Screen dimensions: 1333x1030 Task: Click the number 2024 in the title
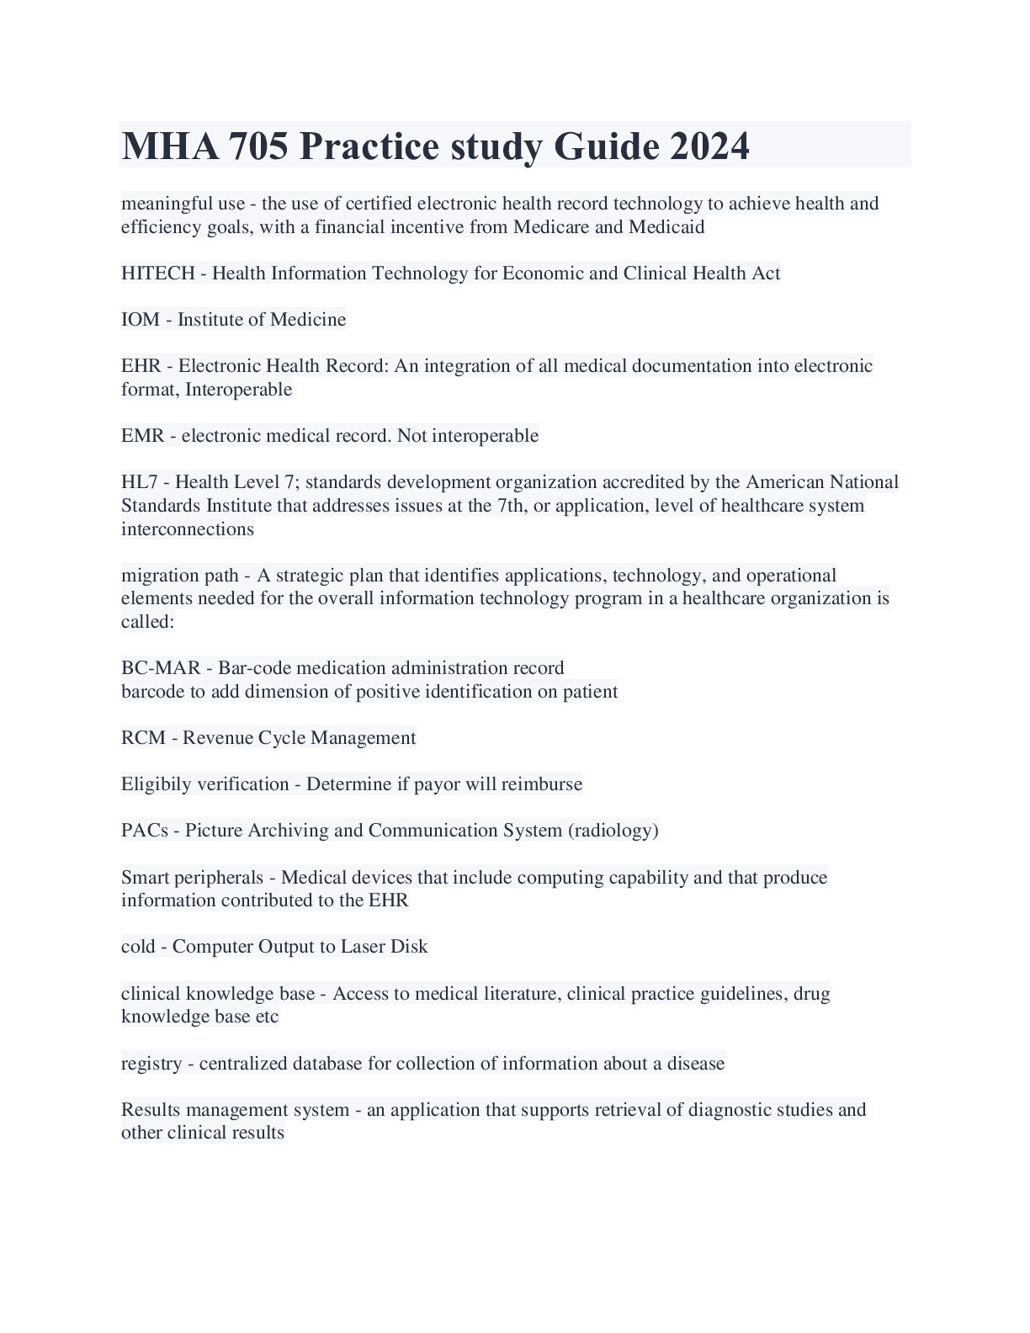click(x=709, y=146)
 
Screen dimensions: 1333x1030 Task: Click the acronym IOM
click(x=140, y=320)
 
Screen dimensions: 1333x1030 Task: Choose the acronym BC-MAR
click(x=161, y=668)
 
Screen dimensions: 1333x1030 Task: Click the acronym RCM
click(x=143, y=738)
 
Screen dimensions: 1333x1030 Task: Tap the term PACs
click(x=144, y=831)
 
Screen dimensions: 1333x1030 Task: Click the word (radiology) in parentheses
click(x=613, y=831)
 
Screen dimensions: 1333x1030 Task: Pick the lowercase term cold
click(x=138, y=947)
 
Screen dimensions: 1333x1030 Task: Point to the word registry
click(x=151, y=1064)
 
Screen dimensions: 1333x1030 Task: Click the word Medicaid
click(x=666, y=227)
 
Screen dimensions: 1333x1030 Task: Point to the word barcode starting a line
click(x=151, y=692)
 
